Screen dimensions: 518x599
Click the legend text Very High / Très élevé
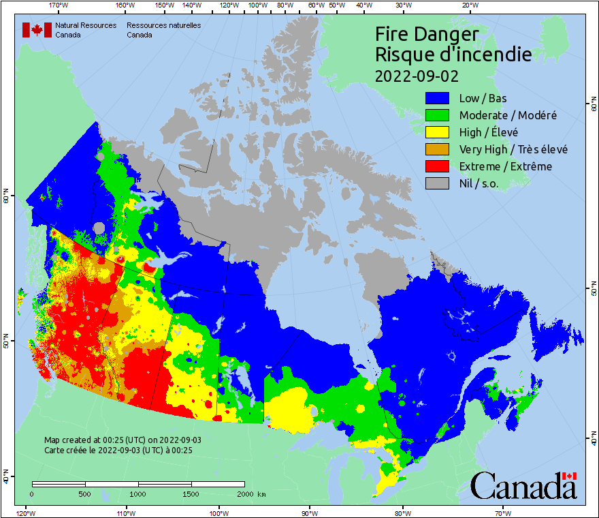pyautogui.click(x=513, y=149)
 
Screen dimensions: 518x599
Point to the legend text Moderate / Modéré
pyautogui.click(x=508, y=115)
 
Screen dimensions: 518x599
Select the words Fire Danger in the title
pyautogui.click(x=427, y=34)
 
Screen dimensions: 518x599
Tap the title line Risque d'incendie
pyautogui.click(x=453, y=54)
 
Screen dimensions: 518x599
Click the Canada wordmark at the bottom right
pyautogui.click(x=523, y=486)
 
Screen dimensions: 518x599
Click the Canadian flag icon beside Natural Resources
pyautogui.click(x=37, y=30)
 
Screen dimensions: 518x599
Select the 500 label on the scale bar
pyautogui.click(x=84, y=493)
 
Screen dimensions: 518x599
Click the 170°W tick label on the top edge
pyautogui.click(x=59, y=5)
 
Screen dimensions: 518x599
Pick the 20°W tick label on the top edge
pyautogui.click(x=468, y=5)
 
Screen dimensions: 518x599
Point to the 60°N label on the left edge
pyautogui.click(x=5, y=198)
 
